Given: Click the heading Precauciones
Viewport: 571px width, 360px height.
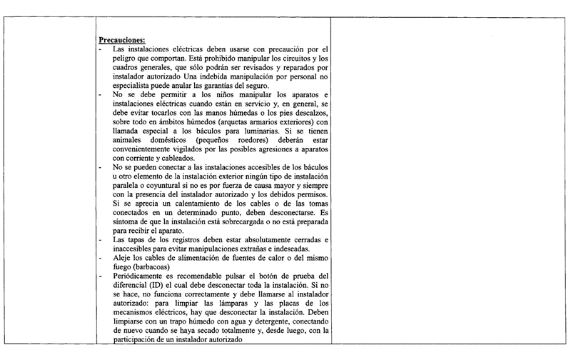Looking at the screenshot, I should pos(122,39).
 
